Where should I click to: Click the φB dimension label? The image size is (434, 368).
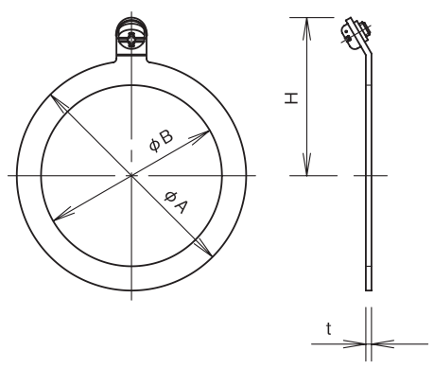[x=161, y=141]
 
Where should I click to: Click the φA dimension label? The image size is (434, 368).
[x=176, y=202]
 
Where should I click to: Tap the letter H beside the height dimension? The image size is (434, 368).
[x=291, y=98]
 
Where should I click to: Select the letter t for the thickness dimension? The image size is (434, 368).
[x=329, y=329]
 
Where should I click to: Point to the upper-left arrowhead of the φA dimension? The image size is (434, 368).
[x=59, y=102]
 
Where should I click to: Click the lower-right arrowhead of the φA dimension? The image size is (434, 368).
[x=203, y=248]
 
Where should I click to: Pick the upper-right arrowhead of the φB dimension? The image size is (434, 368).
[x=200, y=136]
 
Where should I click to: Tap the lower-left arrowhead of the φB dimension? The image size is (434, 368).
[x=64, y=214]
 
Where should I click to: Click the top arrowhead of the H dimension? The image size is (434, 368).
[x=307, y=29]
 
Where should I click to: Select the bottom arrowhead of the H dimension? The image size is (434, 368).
[x=307, y=164]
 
